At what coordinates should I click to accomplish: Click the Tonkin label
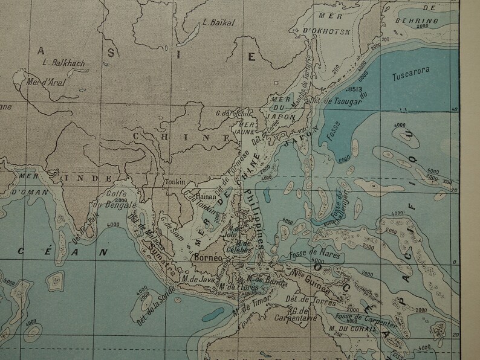pyautogui.click(x=173, y=181)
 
